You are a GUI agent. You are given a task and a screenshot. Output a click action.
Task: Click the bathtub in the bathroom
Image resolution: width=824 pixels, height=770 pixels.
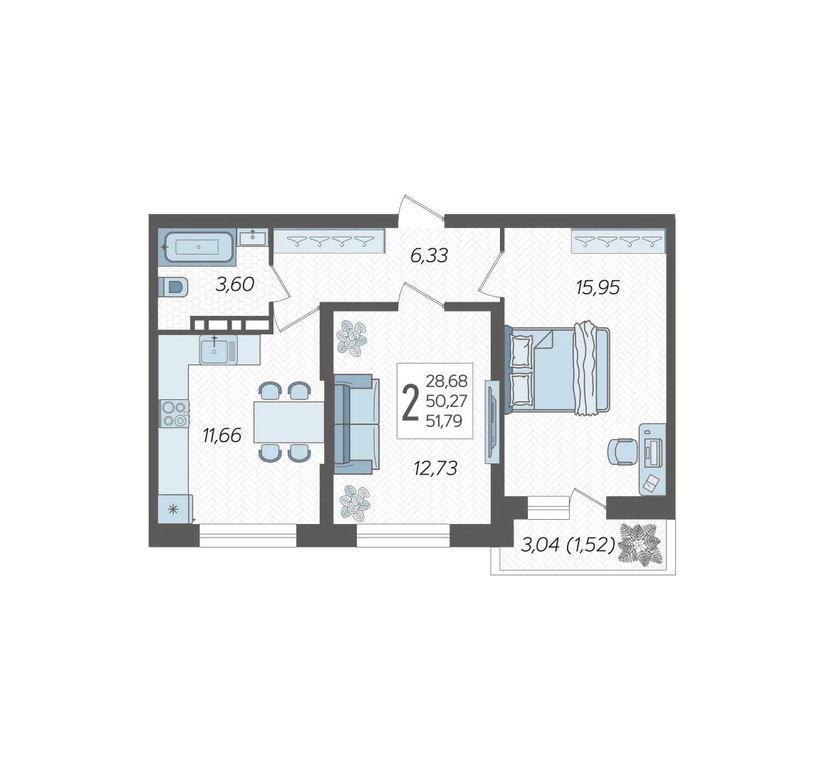198,247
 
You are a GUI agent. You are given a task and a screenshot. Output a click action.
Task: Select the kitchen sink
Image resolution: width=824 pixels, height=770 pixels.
218,349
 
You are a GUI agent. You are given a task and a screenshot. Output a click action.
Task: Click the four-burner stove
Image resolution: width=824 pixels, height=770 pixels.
174,414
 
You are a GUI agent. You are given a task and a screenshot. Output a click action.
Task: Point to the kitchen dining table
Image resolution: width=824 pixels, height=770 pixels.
288,422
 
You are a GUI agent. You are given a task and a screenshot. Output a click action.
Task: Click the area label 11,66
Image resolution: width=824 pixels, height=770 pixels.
222,436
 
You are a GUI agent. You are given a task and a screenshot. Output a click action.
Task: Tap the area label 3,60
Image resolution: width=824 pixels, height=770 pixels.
235,284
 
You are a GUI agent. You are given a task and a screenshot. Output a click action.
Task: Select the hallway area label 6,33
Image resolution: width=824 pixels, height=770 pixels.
429,256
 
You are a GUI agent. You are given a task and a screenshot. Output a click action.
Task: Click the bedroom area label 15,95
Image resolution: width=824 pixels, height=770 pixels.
598,287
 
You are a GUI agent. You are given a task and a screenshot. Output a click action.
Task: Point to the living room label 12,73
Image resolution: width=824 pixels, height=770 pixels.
436,468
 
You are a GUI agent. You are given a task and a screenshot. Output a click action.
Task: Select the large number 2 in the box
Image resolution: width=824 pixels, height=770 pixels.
410,402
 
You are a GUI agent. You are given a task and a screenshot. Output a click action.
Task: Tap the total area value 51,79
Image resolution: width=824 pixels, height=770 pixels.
444,421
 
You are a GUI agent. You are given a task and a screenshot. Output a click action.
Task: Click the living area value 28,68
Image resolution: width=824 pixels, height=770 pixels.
446,380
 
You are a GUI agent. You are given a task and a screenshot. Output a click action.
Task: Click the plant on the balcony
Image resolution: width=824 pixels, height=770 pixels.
640,545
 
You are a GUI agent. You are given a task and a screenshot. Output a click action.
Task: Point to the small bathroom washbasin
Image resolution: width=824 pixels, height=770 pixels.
253,237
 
